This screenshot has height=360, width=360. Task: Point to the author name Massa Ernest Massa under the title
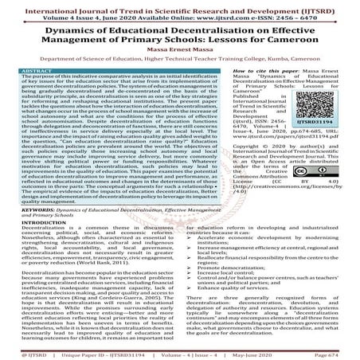[179, 50]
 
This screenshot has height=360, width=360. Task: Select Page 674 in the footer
[340, 352]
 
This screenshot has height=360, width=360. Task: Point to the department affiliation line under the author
[179, 61]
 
